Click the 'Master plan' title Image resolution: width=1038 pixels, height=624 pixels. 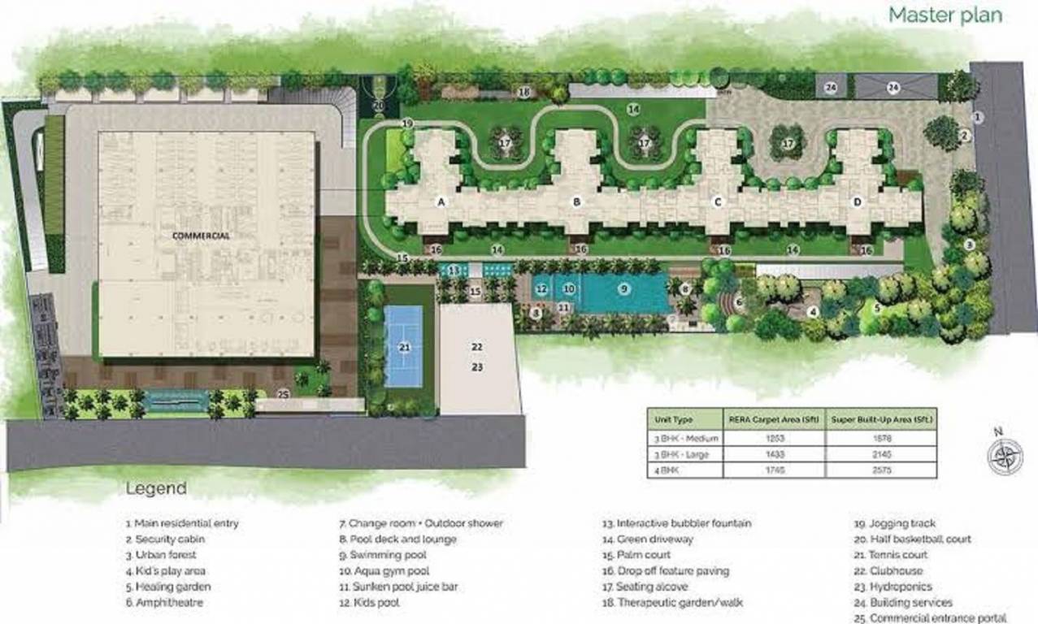[x=945, y=15]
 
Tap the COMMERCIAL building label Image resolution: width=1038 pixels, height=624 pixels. [x=201, y=236]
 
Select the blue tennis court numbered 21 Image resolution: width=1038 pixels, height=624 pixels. [x=403, y=347]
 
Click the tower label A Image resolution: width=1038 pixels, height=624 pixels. [x=442, y=201]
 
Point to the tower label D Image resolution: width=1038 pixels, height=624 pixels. [x=857, y=201]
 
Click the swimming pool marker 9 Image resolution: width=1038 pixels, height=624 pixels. [x=623, y=287]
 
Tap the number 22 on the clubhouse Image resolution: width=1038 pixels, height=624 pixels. [x=477, y=346]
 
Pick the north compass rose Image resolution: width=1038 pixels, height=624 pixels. [x=1005, y=454]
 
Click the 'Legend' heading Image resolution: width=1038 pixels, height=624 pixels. [x=155, y=488]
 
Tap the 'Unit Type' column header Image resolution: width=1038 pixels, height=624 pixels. [x=674, y=419]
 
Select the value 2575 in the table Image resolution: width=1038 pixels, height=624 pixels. [x=880, y=470]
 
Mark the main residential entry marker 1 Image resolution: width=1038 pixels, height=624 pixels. [x=978, y=118]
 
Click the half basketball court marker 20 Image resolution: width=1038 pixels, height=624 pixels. [x=379, y=105]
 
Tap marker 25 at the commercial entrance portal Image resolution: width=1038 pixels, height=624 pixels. [x=283, y=393]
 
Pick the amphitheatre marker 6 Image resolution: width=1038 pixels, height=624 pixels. [x=738, y=302]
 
